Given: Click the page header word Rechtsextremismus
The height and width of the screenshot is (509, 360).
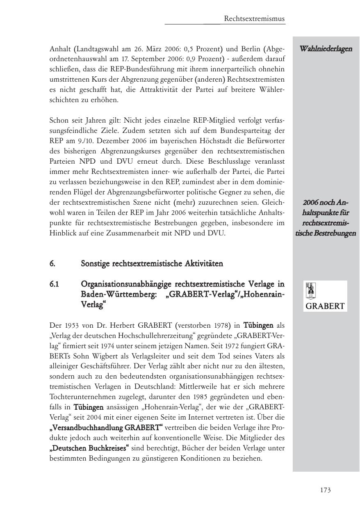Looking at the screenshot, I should click(254, 19).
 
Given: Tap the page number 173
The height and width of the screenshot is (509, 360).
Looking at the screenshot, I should click(325, 490).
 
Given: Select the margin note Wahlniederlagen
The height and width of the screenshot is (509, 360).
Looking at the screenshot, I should click(326, 49).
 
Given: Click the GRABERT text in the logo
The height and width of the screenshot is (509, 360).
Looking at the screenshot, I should click(325, 306).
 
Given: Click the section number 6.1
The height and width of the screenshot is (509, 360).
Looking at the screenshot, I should click(55, 284).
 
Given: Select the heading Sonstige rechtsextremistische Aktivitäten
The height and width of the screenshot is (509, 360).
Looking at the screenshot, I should click(152, 263).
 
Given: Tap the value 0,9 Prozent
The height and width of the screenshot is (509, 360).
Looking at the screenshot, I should click(200, 59).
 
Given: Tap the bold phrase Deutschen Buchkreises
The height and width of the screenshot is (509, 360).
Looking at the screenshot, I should click(89, 448).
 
